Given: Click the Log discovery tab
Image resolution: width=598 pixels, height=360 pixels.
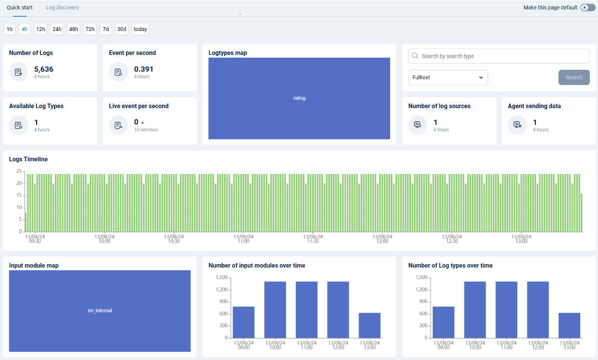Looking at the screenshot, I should coord(63,8).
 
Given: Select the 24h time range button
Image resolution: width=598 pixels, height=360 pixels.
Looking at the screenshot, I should coord(57,29).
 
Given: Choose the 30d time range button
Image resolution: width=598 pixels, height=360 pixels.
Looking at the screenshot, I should coord(122,29).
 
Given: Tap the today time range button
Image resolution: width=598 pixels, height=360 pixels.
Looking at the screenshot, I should coord(140,29).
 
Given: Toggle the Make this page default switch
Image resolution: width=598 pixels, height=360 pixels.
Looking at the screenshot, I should coord(587,8).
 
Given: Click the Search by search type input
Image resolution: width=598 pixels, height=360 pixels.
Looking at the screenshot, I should coord(499,56).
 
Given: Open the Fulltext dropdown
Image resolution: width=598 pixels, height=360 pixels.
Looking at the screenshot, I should coord(448,78).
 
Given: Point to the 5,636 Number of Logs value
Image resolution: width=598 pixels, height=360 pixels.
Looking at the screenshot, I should coord(44,69).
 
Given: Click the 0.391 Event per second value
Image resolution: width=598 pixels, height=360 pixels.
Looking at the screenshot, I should coord(144,69).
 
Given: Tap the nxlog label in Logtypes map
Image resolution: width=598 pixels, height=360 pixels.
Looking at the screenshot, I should coord(299,98).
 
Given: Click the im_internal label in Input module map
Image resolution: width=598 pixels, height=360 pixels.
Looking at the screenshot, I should coord(100,311).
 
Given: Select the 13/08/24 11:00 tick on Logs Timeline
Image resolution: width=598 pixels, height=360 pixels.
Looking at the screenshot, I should coord(243,238).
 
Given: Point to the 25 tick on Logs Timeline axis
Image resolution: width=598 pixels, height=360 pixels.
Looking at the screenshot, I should coord(19,171).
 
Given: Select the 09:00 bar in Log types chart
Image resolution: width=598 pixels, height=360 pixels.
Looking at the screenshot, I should coord(443,322).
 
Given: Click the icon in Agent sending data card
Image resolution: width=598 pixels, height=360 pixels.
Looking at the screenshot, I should coord(518,125).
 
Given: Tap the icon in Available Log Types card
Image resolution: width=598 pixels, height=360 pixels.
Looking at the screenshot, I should coord(18,125).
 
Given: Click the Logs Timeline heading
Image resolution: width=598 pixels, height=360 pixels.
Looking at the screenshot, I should coord(28,159).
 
